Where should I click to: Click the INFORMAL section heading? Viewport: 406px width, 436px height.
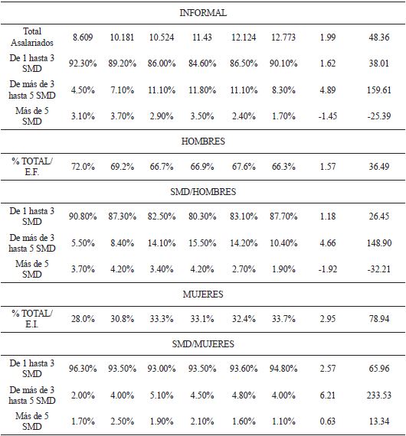coord(203,13)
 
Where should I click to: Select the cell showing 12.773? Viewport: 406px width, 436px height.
coord(284,37)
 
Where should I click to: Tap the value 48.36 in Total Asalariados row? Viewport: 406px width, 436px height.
coord(378,37)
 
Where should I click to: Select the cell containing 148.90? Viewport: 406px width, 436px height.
coord(378,242)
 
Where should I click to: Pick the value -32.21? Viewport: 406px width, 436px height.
coord(378,268)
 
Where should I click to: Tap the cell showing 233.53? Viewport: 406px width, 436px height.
coord(378,395)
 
